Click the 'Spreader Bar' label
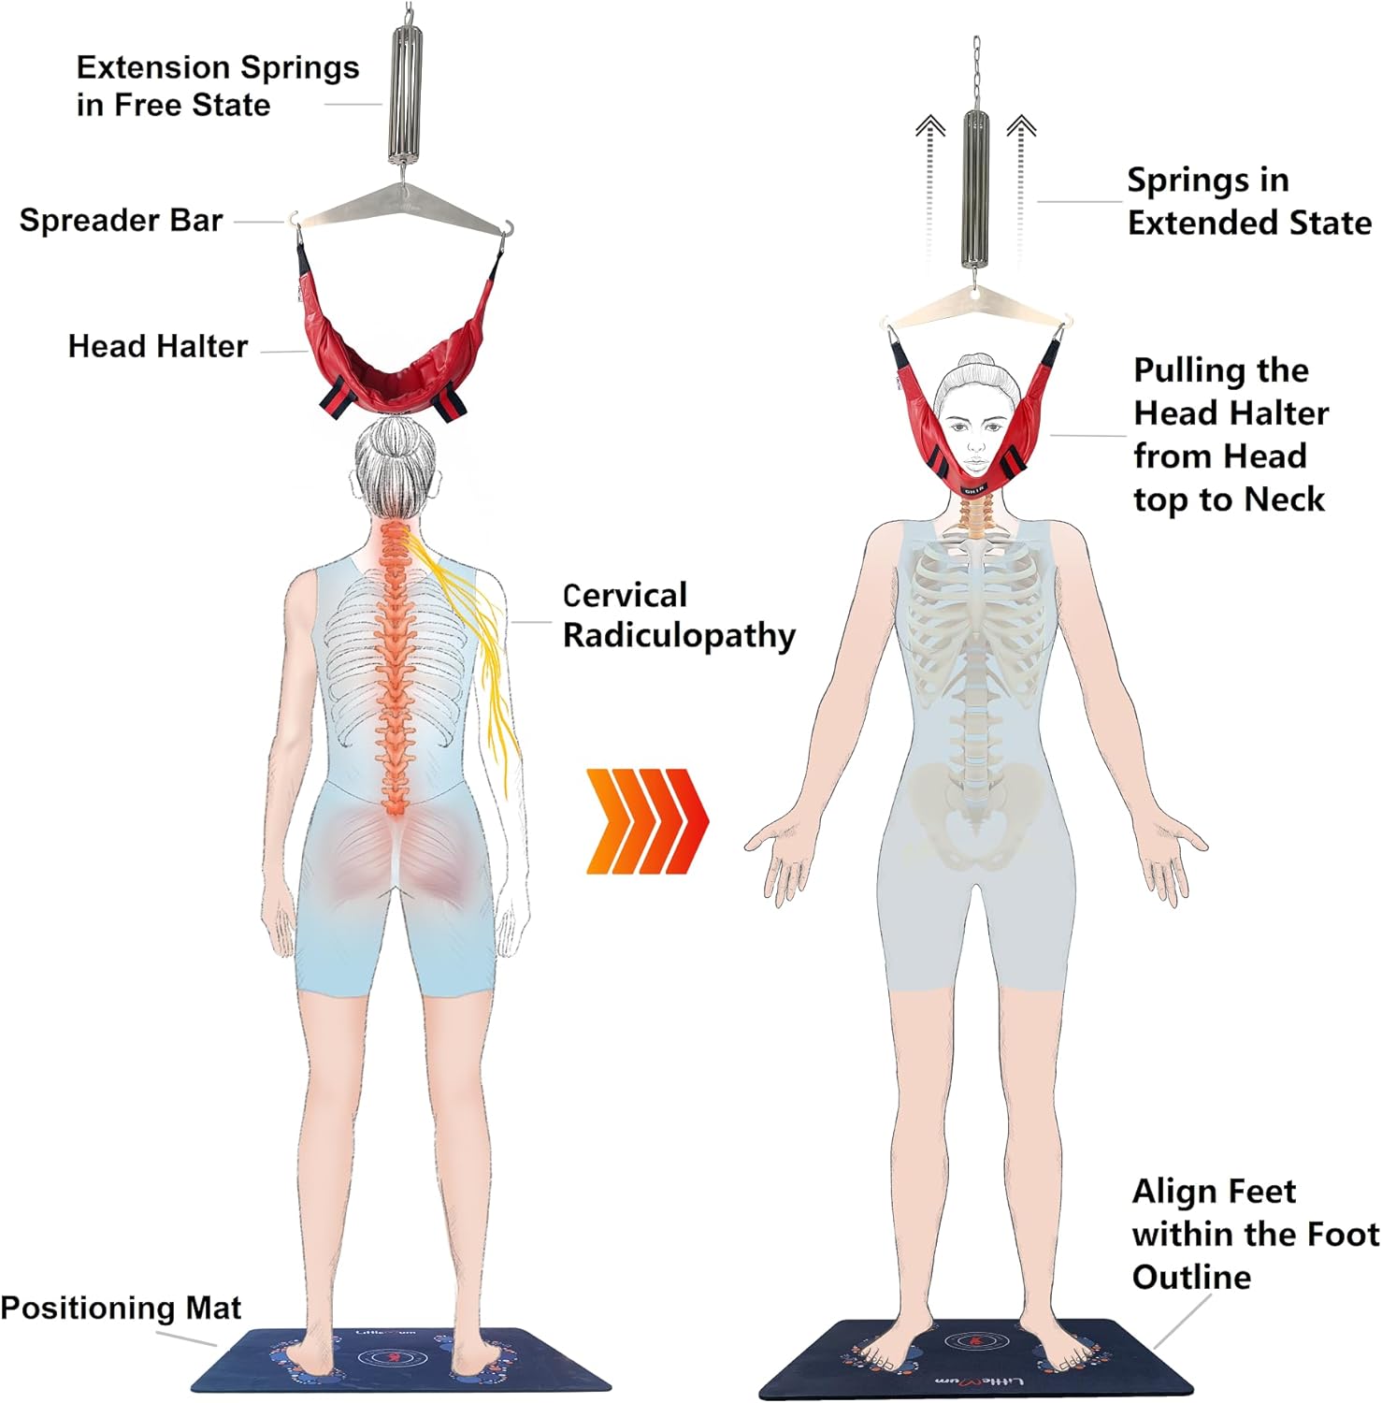[x=121, y=221]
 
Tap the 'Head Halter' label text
[x=157, y=347]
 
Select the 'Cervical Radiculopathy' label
[x=678, y=615]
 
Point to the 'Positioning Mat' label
[x=121, y=1307]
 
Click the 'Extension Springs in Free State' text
[x=217, y=86]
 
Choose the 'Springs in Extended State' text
[x=1248, y=201]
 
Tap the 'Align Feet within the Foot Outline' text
[x=1253, y=1234]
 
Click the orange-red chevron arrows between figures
[x=647, y=821]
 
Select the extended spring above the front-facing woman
[x=976, y=187]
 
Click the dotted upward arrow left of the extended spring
[x=929, y=187]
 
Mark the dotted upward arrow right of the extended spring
[x=1021, y=187]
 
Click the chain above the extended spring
[x=976, y=70]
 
